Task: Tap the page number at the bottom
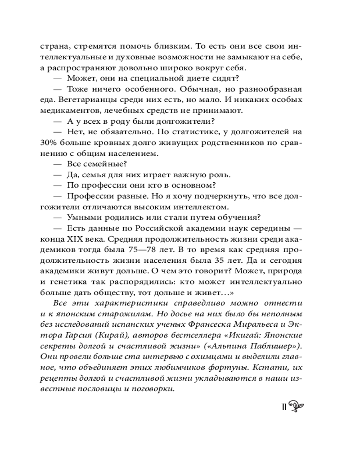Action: [284, 407]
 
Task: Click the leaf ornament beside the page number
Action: [298, 406]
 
